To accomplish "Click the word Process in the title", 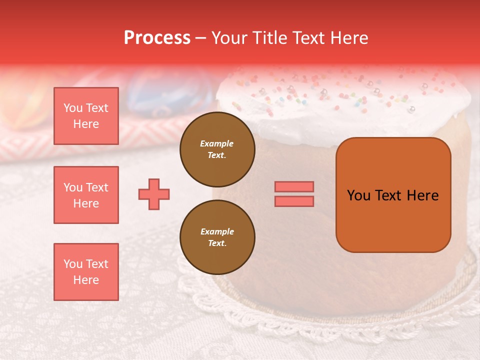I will tap(157, 37).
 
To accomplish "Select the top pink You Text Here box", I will tap(86, 116).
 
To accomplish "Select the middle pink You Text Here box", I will tap(86, 195).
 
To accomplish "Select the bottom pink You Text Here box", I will tap(86, 272).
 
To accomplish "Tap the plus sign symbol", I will tap(154, 194).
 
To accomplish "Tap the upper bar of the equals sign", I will tap(294, 186).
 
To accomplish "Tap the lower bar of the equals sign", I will tap(294, 201).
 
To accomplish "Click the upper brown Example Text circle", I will tap(217, 149).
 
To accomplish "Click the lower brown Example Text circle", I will tap(217, 237).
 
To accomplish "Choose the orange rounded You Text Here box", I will tap(393, 195).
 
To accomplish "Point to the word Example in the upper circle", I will tap(217, 143).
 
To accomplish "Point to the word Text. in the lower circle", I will tap(217, 243).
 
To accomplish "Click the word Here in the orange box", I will tap(422, 195).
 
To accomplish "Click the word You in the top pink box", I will tap(73, 108).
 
